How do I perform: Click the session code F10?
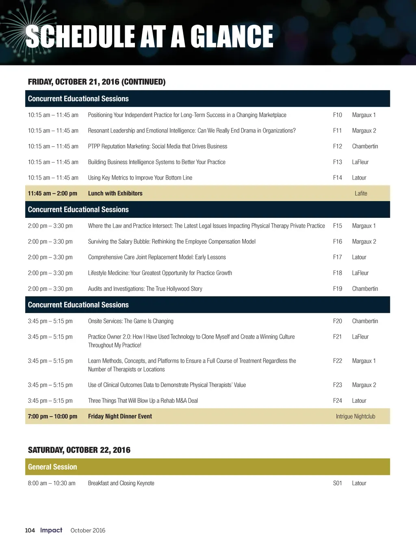point(337,115)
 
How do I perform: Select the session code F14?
point(337,178)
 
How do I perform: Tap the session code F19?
point(337,289)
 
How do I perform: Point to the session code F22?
point(337,360)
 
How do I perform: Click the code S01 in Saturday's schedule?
point(337,483)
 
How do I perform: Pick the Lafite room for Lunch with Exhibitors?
point(361,193)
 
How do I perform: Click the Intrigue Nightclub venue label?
point(355,416)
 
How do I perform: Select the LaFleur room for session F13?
point(360,162)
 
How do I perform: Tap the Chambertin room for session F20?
point(365,321)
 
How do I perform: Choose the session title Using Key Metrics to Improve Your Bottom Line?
point(140,178)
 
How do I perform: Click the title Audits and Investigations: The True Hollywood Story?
point(145,289)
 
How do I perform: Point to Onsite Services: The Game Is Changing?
point(130,321)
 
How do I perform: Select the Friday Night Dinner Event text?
point(120,416)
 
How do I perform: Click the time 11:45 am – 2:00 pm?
point(52,193)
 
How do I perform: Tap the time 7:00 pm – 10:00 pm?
point(52,416)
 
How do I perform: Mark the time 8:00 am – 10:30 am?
point(52,483)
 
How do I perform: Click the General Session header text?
point(52,467)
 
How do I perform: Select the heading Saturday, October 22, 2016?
point(79,450)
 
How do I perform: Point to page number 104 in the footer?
point(30,530)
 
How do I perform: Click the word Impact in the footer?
point(51,530)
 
